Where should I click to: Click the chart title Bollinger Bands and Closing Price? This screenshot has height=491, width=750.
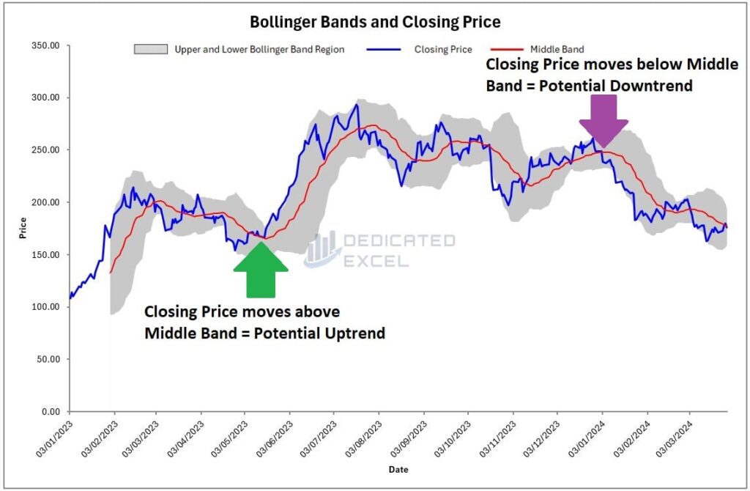pyautogui.click(x=375, y=22)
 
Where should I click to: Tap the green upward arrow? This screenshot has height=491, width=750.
pyautogui.click(x=261, y=270)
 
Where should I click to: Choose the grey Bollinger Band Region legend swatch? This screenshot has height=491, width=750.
pyautogui.click(x=149, y=50)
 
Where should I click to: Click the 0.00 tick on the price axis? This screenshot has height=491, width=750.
pyautogui.click(x=52, y=412)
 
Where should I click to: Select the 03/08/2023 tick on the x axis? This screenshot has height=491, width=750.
pyautogui.click(x=362, y=438)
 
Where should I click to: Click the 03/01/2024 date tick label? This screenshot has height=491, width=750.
pyautogui.click(x=585, y=438)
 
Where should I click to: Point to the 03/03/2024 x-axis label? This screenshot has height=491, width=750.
pyautogui.click(x=675, y=438)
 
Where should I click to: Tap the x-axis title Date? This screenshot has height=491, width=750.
pyautogui.click(x=398, y=469)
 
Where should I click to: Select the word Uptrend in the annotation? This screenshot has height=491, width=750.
pyautogui.click(x=354, y=333)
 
